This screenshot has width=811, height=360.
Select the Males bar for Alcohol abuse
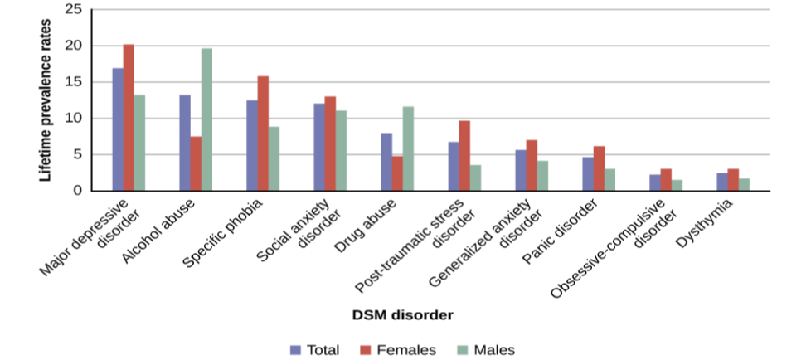point(206,119)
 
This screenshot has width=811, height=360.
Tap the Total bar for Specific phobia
point(251,145)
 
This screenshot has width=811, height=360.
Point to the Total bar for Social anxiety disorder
point(318,147)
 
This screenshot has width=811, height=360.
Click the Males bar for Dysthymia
point(744,184)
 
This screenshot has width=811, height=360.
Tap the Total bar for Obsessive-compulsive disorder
point(655,182)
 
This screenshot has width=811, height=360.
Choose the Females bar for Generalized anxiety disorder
point(532,165)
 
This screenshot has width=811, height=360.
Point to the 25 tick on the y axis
point(74,10)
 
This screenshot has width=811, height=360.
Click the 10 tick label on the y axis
point(74,119)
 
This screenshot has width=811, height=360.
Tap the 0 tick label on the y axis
point(78,191)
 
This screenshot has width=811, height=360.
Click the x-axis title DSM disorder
point(404,315)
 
